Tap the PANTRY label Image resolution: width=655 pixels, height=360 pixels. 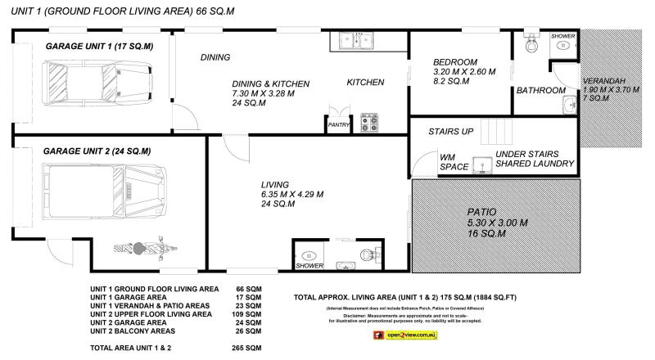click(x=338, y=126)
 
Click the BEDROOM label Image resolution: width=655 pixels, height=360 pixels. click(x=454, y=62)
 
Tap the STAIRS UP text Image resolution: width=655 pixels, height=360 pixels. click(x=451, y=132)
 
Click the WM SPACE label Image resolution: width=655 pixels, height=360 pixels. click(x=454, y=161)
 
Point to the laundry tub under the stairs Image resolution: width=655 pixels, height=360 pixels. click(x=482, y=164)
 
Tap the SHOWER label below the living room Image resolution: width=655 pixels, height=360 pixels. click(x=309, y=265)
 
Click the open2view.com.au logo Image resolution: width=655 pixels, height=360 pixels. click(x=409, y=335)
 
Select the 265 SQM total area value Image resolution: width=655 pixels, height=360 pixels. click(x=249, y=348)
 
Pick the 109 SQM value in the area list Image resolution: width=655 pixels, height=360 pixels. click(x=249, y=313)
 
